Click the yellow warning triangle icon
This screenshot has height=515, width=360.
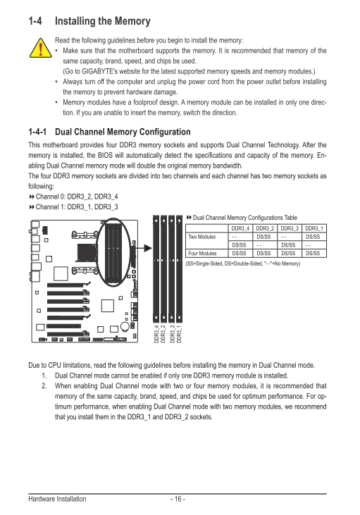click(40, 48)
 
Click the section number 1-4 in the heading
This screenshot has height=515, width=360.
click(35, 21)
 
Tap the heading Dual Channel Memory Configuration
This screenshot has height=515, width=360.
click(123, 132)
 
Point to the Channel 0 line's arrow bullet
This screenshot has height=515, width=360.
click(32, 197)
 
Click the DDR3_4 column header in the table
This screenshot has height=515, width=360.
click(240, 228)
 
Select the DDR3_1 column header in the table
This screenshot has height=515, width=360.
click(314, 228)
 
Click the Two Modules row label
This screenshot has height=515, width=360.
click(202, 237)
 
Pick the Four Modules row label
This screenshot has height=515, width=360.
click(202, 253)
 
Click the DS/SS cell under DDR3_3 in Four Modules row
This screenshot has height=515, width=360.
click(288, 253)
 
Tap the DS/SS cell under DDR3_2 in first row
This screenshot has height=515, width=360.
click(263, 237)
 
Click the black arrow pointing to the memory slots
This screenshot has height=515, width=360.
click(144, 248)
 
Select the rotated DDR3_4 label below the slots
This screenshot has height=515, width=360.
click(156, 335)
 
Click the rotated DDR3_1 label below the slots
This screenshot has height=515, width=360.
click(179, 335)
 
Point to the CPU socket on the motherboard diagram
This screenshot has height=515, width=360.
click(87, 253)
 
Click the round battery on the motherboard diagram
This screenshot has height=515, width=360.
click(125, 326)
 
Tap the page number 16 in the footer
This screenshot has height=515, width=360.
click(178, 499)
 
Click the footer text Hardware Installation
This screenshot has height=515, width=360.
click(57, 499)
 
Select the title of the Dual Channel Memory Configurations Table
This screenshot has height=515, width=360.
click(244, 218)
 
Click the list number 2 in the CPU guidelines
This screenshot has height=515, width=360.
click(44, 386)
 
